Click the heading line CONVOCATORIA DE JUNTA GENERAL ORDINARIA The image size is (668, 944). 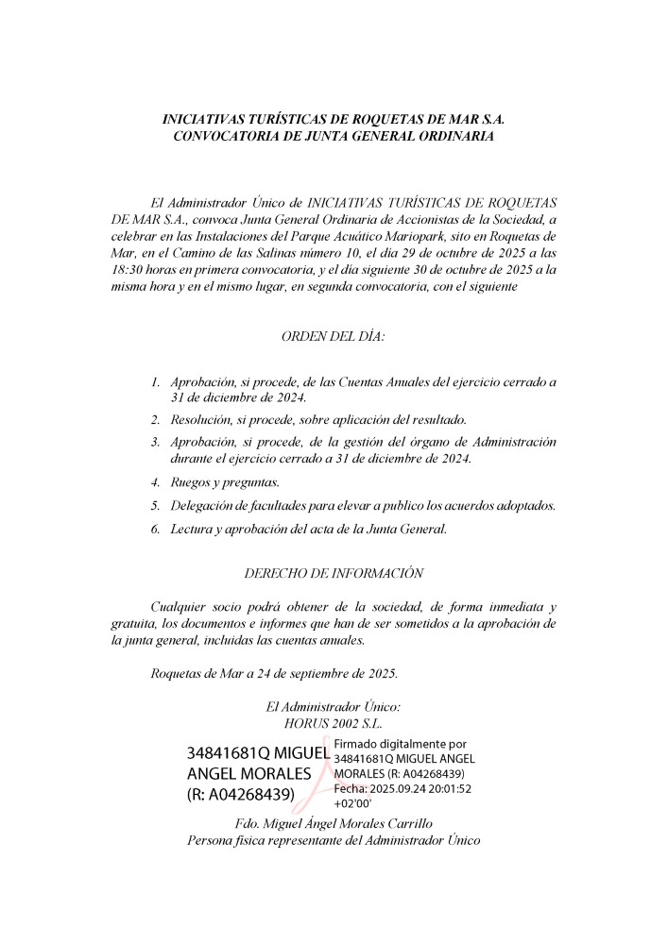click(334, 138)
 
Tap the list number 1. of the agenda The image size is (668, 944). click(156, 382)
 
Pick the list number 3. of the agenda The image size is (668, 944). click(156, 442)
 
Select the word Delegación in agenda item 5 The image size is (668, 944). click(203, 506)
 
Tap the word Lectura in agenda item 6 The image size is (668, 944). click(192, 530)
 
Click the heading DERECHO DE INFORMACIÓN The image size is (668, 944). click(334, 573)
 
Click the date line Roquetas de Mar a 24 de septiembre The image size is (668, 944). click(274, 673)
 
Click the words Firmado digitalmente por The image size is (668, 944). click(401, 745)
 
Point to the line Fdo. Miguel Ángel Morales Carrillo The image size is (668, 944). click(334, 823)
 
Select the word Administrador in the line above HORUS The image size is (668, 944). click(323, 706)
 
